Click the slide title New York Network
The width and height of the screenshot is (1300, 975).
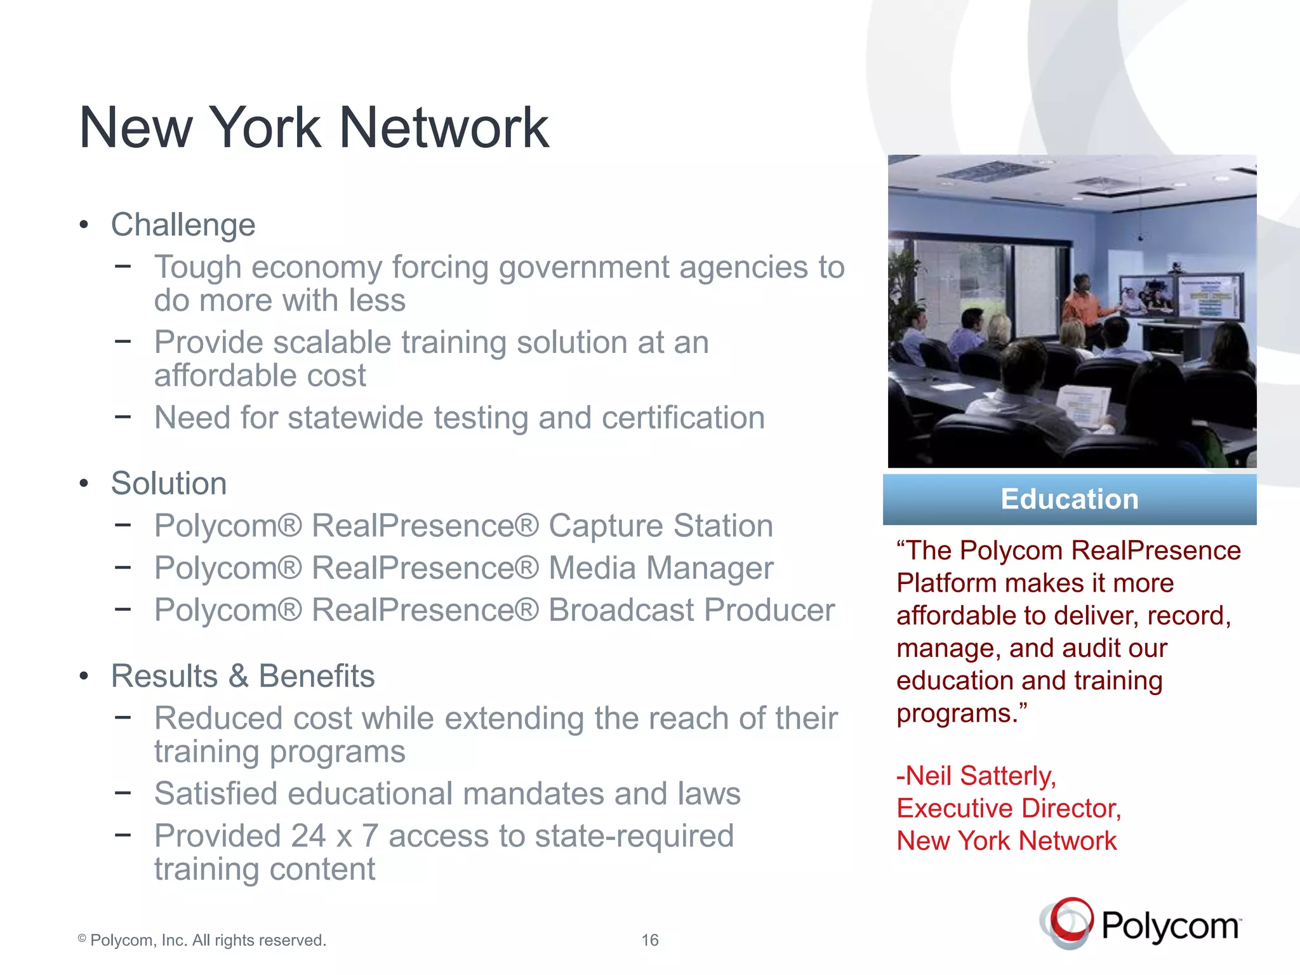[314, 128]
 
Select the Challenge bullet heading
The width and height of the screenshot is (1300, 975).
[183, 225]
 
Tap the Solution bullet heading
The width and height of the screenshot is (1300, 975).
[169, 483]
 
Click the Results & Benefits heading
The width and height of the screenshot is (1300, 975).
[242, 675]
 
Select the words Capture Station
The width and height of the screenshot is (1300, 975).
[660, 526]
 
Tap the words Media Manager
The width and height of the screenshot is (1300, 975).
[660, 567]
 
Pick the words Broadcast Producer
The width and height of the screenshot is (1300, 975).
[691, 610]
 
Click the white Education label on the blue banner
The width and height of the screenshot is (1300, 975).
[1070, 499]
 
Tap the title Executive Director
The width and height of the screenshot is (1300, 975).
[1009, 808]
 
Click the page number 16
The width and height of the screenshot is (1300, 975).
[650, 940]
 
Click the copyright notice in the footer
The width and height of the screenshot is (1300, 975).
[202, 940]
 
